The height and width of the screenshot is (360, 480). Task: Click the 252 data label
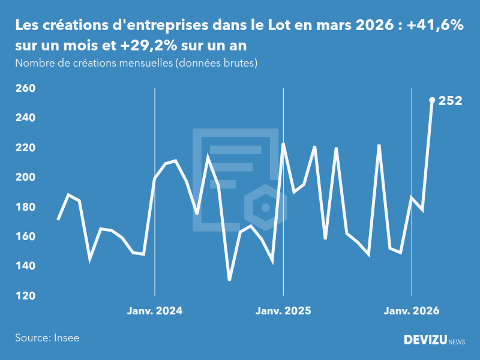pyautogui.click(x=450, y=101)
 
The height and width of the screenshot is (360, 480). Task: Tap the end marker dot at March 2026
pyautogui.click(x=432, y=100)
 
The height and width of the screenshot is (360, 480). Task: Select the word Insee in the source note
pyautogui.click(x=66, y=338)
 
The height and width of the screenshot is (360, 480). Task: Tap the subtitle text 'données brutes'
pyautogui.click(x=217, y=63)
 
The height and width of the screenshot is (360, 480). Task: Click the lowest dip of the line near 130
pyautogui.click(x=229, y=280)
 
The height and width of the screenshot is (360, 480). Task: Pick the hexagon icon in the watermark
pyautogui.click(x=265, y=208)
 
